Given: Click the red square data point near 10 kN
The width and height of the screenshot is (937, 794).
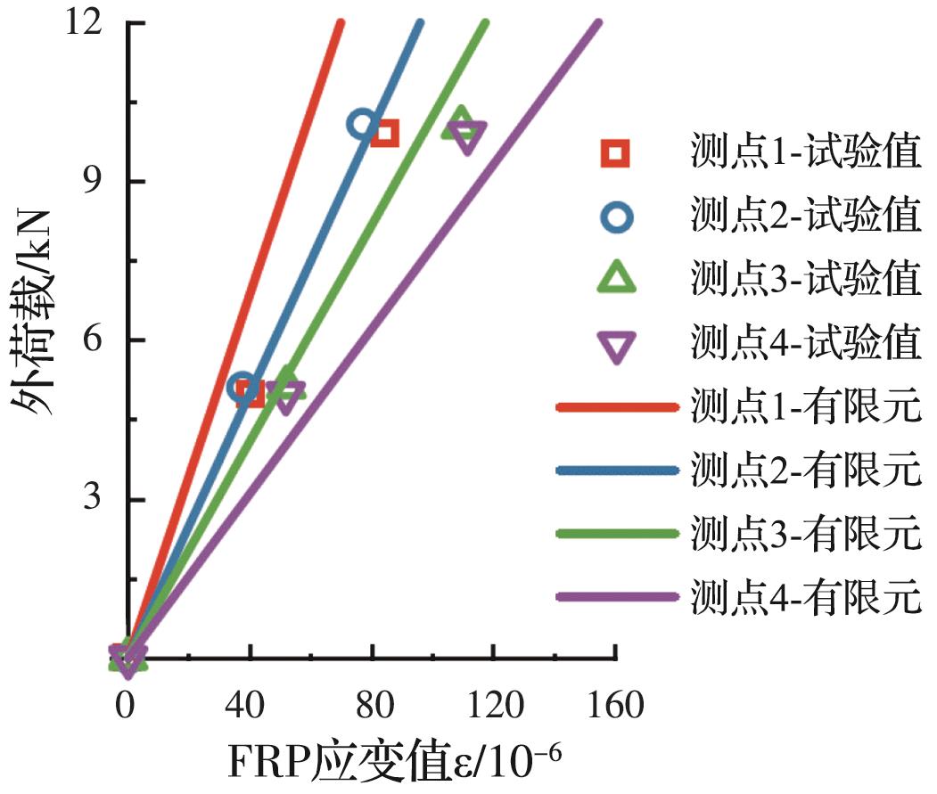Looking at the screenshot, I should [x=385, y=134].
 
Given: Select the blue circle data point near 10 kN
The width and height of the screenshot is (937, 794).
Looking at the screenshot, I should [x=362, y=125].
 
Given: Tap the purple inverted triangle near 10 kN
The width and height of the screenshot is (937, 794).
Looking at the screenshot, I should [x=467, y=136].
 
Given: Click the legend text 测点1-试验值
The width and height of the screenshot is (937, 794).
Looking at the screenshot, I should [x=805, y=153].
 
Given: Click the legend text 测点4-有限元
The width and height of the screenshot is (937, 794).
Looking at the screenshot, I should [x=805, y=598].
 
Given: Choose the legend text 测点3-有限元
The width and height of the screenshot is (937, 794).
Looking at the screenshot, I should [x=805, y=535].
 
